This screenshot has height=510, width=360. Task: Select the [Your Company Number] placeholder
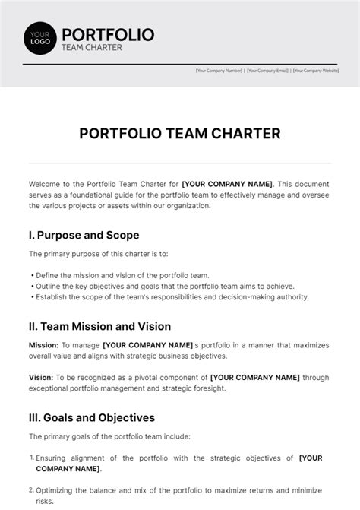click(x=219, y=71)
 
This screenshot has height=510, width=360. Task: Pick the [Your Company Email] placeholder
click(x=267, y=71)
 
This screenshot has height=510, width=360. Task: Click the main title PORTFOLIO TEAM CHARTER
click(x=180, y=134)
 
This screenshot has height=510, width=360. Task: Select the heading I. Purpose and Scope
click(x=84, y=235)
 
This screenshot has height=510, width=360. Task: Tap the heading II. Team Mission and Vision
click(x=99, y=326)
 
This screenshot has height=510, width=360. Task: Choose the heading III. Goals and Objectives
click(x=92, y=417)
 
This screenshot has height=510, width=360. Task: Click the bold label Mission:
click(x=43, y=346)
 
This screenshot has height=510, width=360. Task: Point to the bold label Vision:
click(x=41, y=376)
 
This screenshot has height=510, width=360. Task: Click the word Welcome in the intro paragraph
click(x=45, y=183)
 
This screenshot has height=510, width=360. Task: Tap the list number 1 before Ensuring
click(x=31, y=457)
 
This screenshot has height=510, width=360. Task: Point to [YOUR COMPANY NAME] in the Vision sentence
click(x=255, y=376)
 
